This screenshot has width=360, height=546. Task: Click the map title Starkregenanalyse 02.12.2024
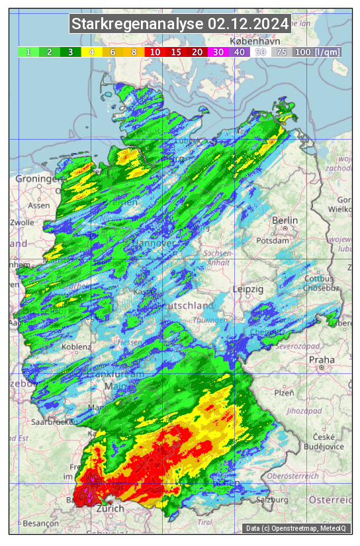[180, 24]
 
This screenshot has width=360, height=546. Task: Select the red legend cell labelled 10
[155, 52]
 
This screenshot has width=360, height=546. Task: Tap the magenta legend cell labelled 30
[218, 52]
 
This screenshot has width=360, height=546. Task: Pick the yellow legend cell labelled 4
[92, 52]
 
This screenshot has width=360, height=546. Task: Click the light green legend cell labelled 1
[28, 52]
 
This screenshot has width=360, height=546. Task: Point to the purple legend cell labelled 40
[239, 52]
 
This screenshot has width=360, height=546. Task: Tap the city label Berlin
[285, 220]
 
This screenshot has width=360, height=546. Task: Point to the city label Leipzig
[248, 290]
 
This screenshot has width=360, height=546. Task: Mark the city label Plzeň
[284, 392]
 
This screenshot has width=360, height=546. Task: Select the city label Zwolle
[21, 222]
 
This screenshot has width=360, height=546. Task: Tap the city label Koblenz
[76, 347]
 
